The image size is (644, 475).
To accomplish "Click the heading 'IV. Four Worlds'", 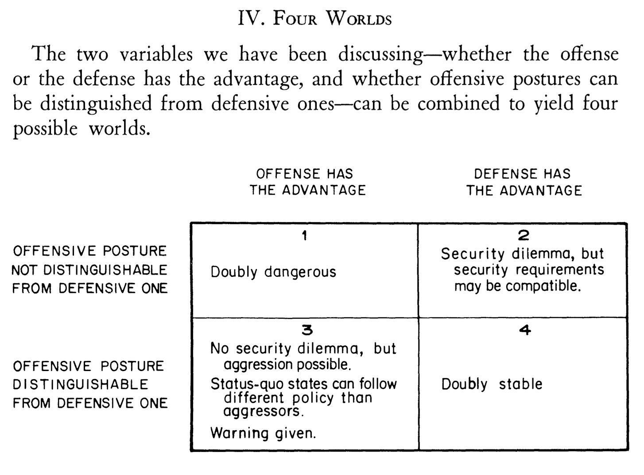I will (315, 19).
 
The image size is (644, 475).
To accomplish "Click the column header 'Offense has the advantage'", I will (307, 182).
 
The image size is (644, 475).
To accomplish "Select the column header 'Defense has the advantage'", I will (524, 182).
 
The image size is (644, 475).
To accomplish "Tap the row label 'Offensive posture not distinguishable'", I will (89, 270).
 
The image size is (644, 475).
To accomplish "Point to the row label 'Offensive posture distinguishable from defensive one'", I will (89, 384).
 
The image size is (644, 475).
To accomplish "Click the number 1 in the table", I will (304, 236).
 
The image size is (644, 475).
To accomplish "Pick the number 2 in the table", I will (524, 235).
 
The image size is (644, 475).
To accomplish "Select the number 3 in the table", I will (306, 330).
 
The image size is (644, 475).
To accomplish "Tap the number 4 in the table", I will (525, 330).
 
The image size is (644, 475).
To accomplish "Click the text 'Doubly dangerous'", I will (273, 272).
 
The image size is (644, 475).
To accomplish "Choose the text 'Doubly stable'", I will (492, 384).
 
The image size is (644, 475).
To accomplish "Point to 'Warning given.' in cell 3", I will (263, 433).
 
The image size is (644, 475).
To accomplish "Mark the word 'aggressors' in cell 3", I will (262, 412).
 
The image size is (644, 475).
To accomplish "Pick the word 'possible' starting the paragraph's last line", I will (45, 129).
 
